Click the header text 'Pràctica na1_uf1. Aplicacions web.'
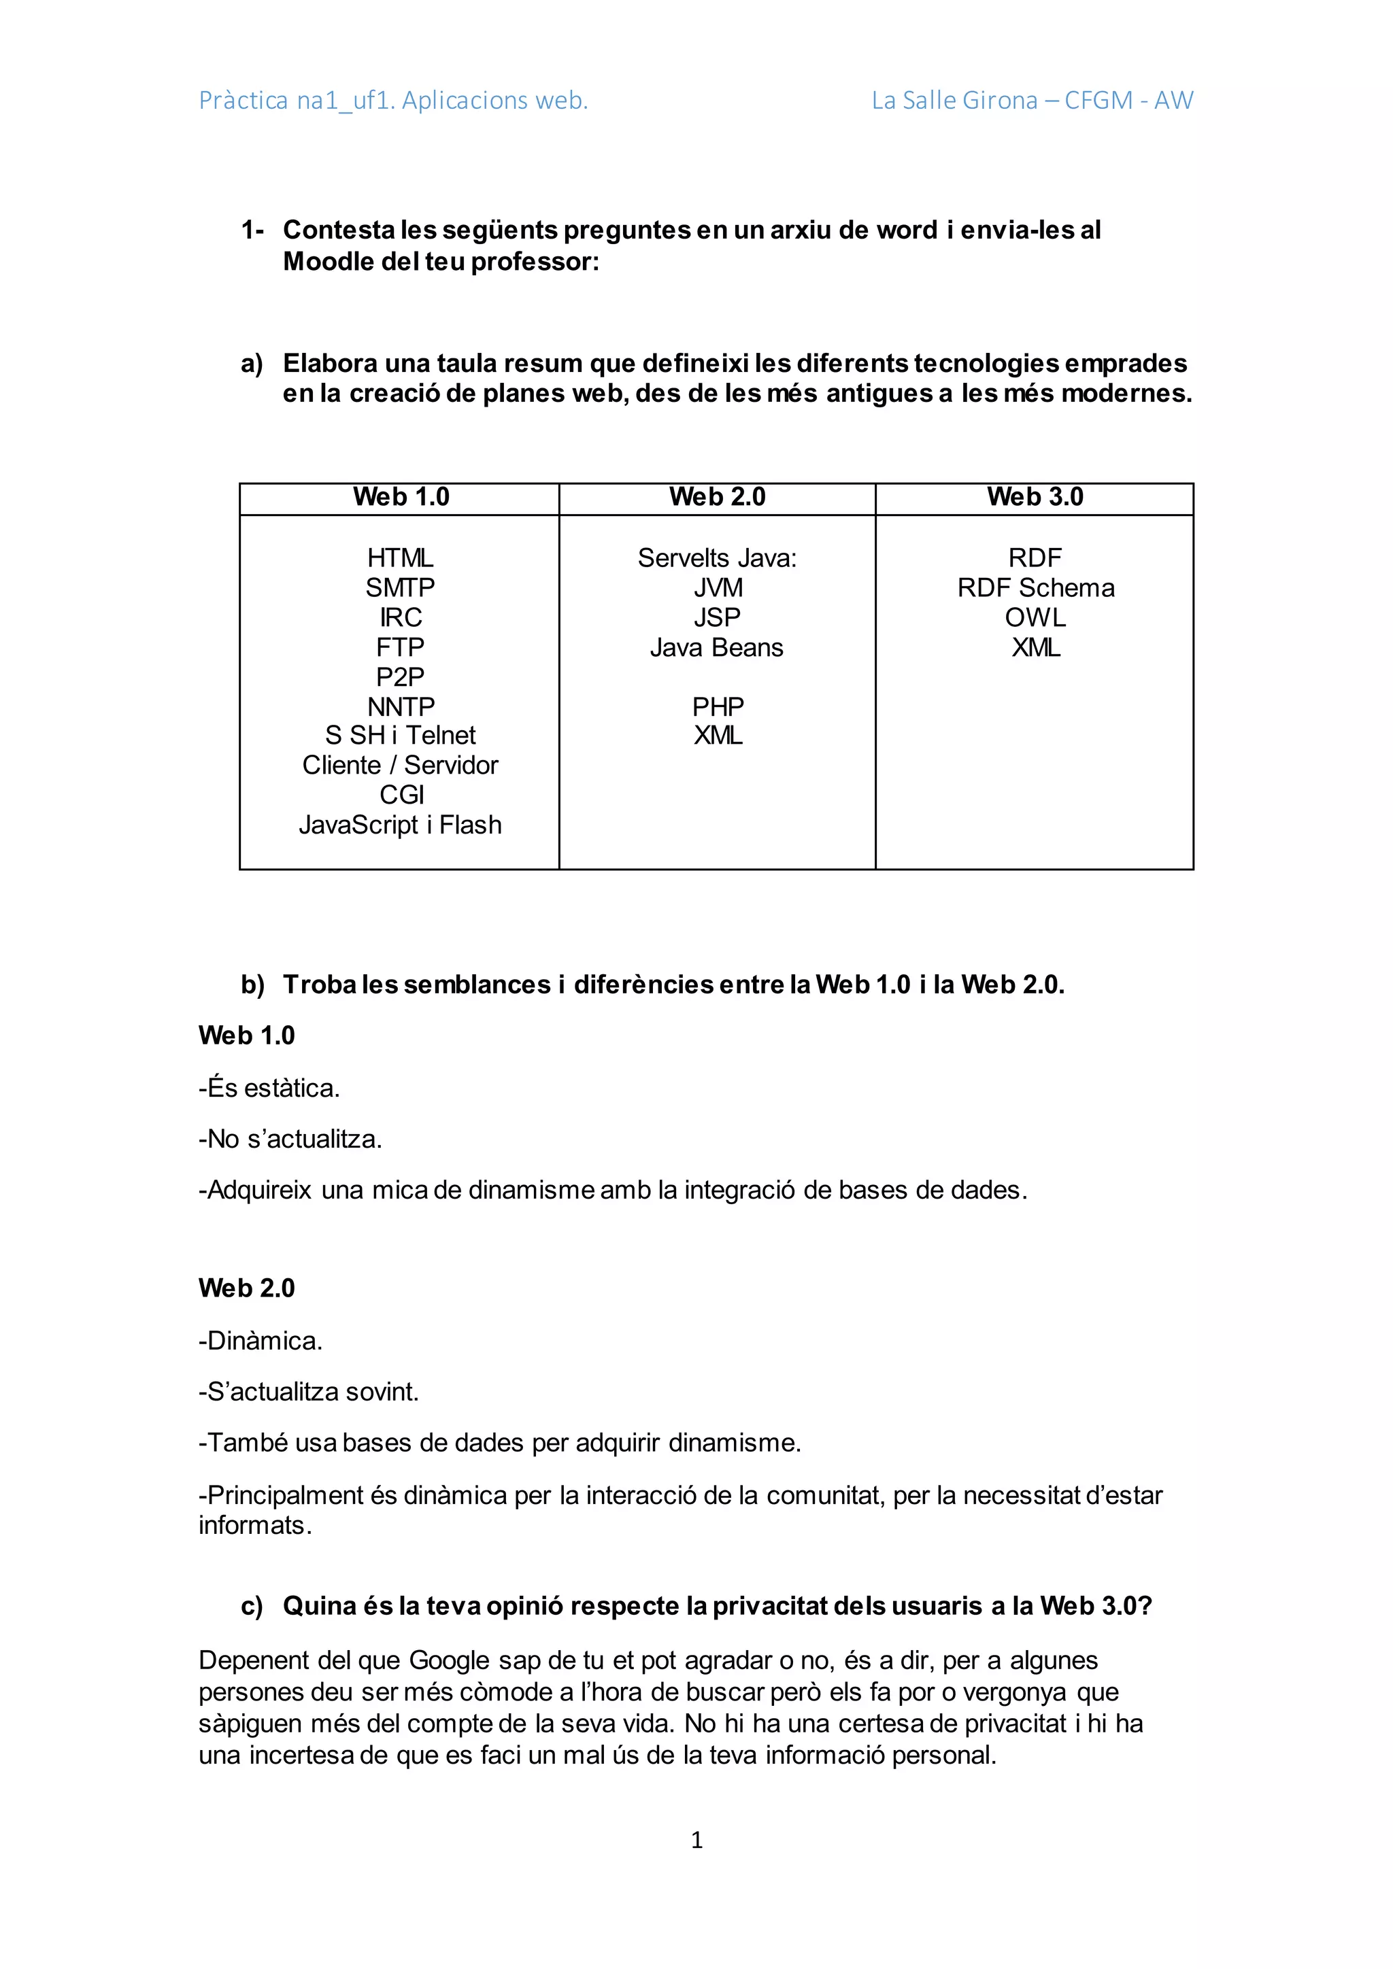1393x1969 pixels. pyautogui.click(x=393, y=101)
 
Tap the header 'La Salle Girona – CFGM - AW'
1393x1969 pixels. pyautogui.click(x=1032, y=101)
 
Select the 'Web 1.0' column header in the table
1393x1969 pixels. pyautogui.click(x=401, y=498)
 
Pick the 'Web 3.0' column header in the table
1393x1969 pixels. pyautogui.click(x=1035, y=498)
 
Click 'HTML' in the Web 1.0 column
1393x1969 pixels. pyautogui.click(x=401, y=558)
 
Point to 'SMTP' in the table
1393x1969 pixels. pyautogui.click(x=401, y=588)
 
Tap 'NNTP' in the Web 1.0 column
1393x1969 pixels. pyautogui.click(x=401, y=706)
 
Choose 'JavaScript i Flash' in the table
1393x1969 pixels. pyautogui.click(x=401, y=825)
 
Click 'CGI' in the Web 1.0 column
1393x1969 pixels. pyautogui.click(x=401, y=795)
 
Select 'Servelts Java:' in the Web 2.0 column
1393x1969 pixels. pyautogui.click(x=717, y=558)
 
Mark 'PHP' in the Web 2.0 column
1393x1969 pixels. pyautogui.click(x=717, y=706)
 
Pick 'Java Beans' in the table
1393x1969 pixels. pyautogui.click(x=717, y=647)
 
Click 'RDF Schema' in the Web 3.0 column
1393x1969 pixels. pyautogui.click(x=1035, y=588)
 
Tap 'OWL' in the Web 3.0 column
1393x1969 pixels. pyautogui.click(x=1035, y=617)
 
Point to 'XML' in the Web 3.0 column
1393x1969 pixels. pyautogui.click(x=1035, y=647)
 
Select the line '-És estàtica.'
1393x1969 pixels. pyautogui.click(x=269, y=1089)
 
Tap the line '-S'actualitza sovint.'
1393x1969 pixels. pyautogui.click(x=309, y=1391)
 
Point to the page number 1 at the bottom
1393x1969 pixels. pyautogui.click(x=696, y=1840)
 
